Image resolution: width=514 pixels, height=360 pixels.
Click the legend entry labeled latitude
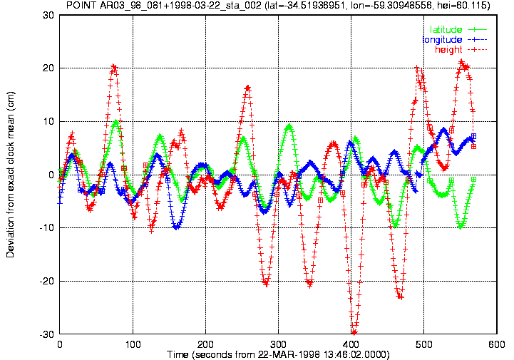click(x=446, y=29)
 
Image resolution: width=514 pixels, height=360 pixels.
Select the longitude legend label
click(x=442, y=40)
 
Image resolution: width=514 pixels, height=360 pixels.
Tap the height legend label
click(x=448, y=49)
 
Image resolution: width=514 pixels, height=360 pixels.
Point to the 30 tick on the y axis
click(x=48, y=15)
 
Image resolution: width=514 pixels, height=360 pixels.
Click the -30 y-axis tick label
click(x=46, y=334)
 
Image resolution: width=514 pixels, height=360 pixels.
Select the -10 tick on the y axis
click(x=46, y=228)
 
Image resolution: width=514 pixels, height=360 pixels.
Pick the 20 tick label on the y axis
click(x=48, y=68)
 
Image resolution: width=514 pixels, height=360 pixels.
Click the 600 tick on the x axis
click(x=496, y=344)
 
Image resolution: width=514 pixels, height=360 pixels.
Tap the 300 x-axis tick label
click(x=278, y=344)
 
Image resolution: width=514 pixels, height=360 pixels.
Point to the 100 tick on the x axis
click(x=133, y=344)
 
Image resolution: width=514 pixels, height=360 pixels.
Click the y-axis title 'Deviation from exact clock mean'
click(x=10, y=175)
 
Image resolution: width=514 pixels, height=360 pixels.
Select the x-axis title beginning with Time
click(x=278, y=355)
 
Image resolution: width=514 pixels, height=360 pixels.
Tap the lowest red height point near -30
click(x=354, y=332)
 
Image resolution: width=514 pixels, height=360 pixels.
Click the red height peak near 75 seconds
click(x=114, y=67)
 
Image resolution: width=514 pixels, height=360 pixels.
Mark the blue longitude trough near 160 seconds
click(x=176, y=227)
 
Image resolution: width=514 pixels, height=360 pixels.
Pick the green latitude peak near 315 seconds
click(x=289, y=126)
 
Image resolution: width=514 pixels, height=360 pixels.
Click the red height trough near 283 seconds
click(x=266, y=283)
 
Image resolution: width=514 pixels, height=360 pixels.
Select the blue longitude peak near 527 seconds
click(x=444, y=130)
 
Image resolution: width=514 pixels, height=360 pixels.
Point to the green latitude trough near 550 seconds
click(x=461, y=226)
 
